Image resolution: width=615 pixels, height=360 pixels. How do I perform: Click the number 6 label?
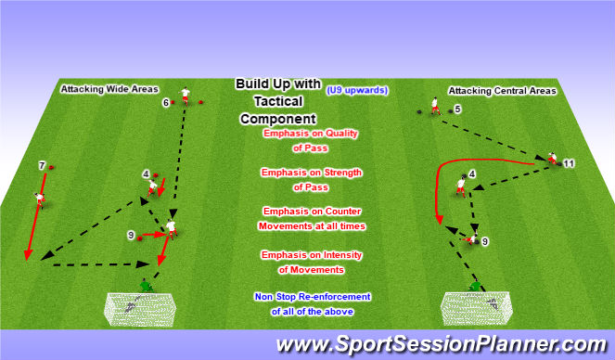(x=165, y=103)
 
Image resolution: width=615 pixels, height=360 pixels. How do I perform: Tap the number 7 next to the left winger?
(x=42, y=166)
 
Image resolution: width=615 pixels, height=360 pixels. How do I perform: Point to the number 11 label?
(x=570, y=163)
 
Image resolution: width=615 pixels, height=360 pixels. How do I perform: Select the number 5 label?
(x=457, y=109)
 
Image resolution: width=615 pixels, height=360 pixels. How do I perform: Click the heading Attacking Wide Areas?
(x=100, y=90)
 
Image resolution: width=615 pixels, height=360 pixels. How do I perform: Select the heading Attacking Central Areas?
(x=502, y=91)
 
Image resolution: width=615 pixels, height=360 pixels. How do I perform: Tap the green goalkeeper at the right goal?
(x=475, y=287)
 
